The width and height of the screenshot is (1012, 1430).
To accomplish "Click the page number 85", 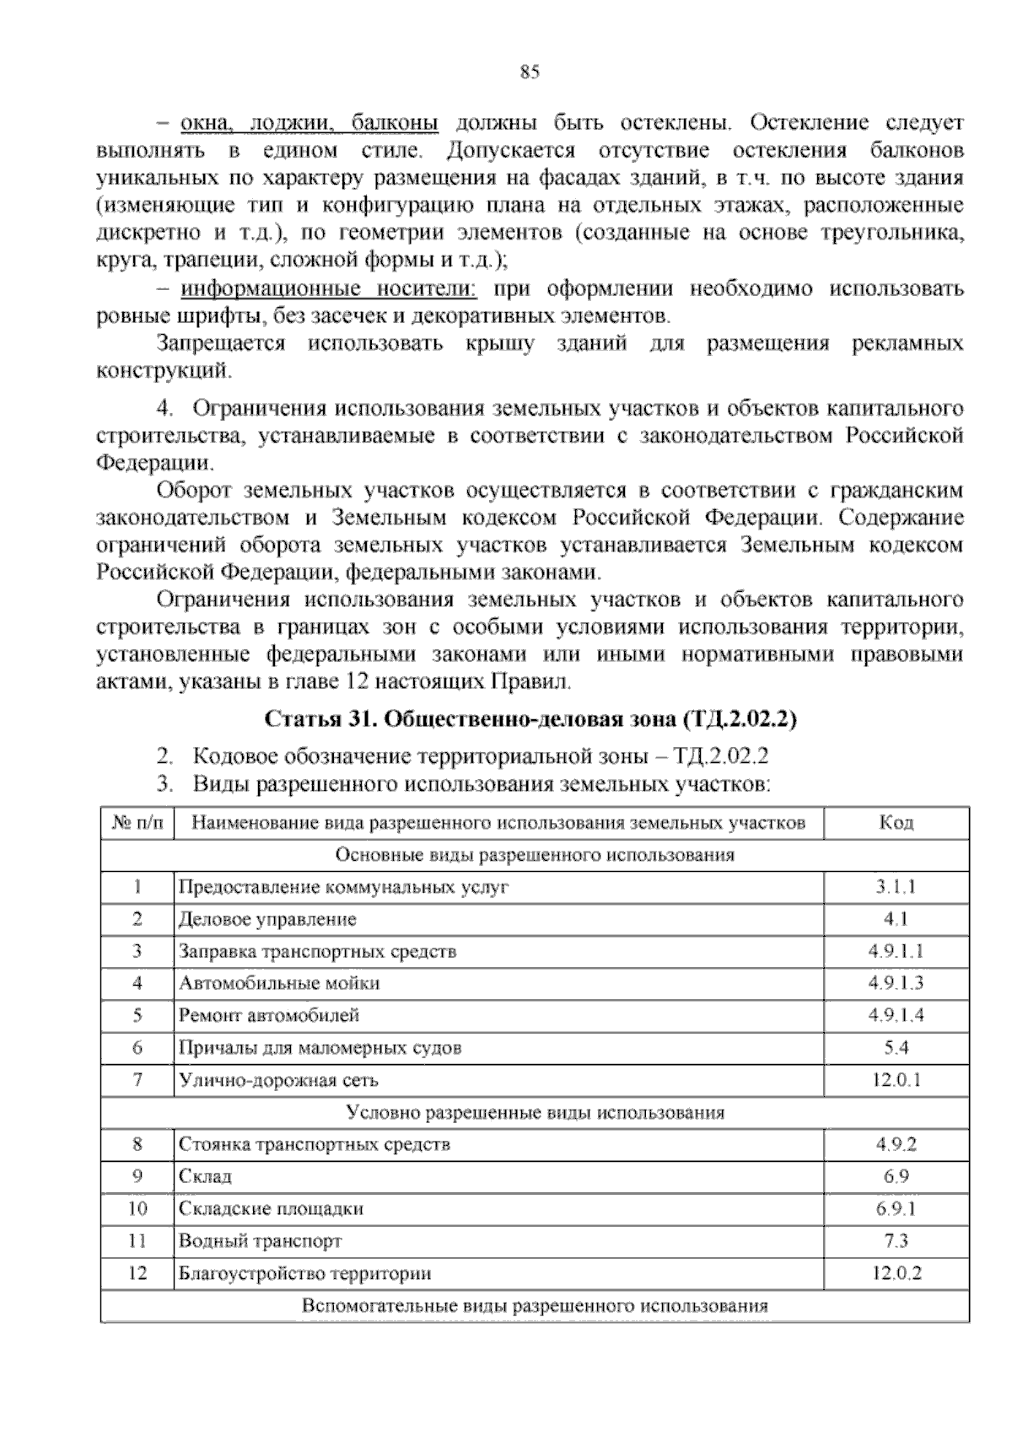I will (530, 73).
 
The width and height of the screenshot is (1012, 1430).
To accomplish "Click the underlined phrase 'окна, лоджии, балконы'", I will (310, 123).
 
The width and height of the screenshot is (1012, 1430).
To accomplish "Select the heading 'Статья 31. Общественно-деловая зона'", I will (531, 719).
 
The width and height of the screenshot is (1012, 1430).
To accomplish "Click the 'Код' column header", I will (896, 823).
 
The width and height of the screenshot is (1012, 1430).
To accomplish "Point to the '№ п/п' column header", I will (137, 823).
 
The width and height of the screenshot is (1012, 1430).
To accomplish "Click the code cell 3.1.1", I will (896, 887).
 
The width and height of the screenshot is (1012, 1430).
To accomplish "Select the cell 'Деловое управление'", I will (267, 919).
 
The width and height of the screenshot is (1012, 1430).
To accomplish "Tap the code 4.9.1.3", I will (896, 983).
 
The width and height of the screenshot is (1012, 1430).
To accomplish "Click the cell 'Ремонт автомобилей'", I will (269, 1015).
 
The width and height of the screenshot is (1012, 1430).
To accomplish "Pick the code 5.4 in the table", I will (896, 1048).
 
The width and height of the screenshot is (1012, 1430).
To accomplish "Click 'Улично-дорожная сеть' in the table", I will (278, 1080).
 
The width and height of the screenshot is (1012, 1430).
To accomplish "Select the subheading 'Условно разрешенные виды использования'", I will (535, 1112).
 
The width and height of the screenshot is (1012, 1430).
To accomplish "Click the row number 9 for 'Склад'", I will (137, 1176).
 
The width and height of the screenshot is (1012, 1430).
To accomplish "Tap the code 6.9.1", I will (896, 1208).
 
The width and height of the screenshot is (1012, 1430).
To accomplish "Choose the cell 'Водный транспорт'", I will (260, 1241).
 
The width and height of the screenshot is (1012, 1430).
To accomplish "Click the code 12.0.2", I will (896, 1273).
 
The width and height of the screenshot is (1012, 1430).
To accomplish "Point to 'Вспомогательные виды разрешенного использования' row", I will (535, 1306).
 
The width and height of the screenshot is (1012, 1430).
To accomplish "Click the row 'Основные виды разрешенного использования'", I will (535, 855).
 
